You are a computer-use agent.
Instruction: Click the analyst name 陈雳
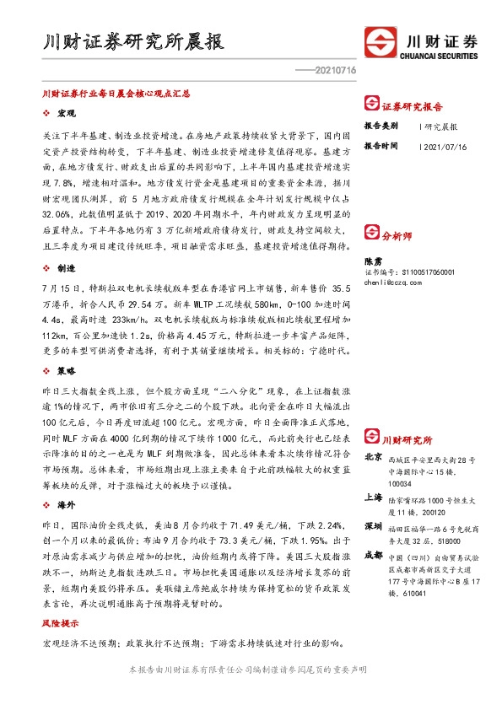[x=373, y=262]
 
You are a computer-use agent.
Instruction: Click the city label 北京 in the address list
[x=372, y=456]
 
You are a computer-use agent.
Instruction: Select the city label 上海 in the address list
[x=372, y=497]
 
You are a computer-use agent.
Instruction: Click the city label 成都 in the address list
[x=372, y=555]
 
